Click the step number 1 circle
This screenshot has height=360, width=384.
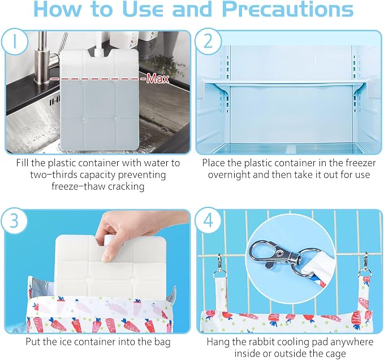[x=15, y=42]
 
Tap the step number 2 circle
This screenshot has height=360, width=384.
[x=208, y=41]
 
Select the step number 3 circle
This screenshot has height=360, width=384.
[x=14, y=220]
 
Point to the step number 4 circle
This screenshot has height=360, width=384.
[x=209, y=220]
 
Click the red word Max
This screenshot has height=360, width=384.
[x=158, y=79]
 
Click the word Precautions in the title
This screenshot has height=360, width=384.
[x=288, y=9]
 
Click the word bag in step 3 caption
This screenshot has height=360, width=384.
[x=162, y=342]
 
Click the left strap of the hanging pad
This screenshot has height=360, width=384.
[x=221, y=289]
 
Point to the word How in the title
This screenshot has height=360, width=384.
[x=58, y=9]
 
